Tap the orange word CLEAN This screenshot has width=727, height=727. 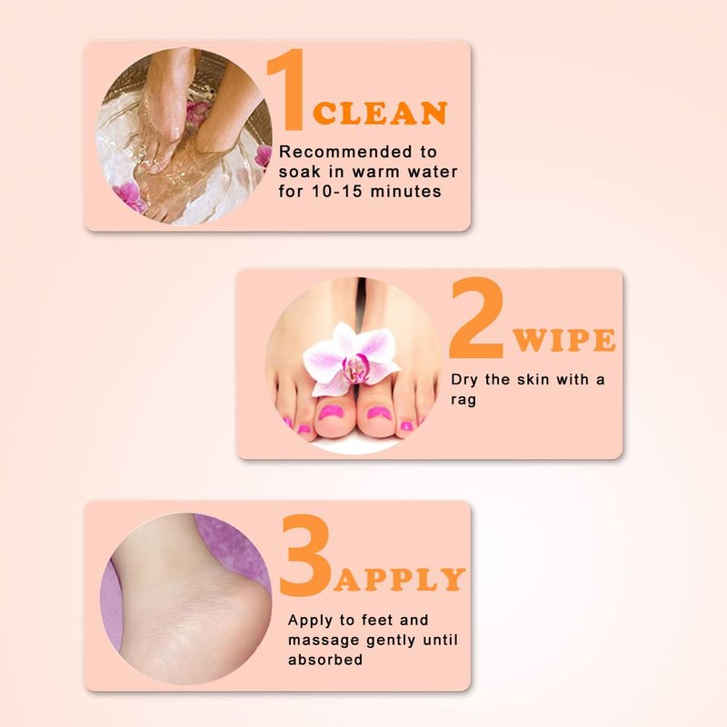click(380, 113)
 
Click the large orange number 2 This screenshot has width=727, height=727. click(477, 318)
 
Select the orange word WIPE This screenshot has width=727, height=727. click(564, 340)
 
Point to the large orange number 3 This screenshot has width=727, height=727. click(306, 554)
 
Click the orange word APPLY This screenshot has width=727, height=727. click(399, 579)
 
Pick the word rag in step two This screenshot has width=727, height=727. click(463, 400)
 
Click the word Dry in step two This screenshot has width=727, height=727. click(464, 380)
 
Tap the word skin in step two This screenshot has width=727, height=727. click(533, 379)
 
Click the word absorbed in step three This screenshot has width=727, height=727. click(325, 660)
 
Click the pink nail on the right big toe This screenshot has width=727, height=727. click(379, 413)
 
